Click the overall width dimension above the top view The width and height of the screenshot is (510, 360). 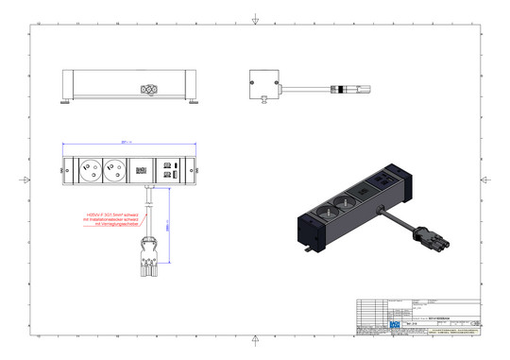click(x=128, y=143)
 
